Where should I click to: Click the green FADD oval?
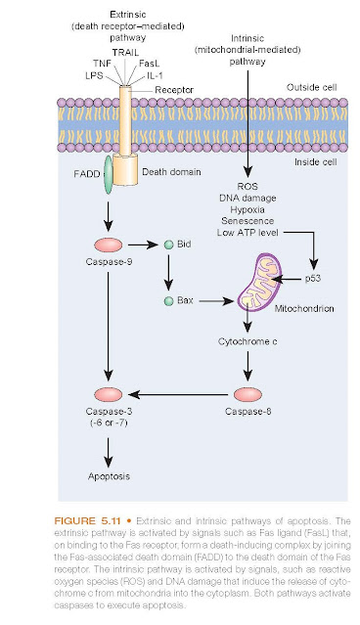(x=108, y=175)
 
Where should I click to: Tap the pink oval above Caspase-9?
(x=108, y=245)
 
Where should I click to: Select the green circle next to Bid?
(x=169, y=245)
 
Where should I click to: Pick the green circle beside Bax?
(x=169, y=301)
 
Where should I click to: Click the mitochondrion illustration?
(x=258, y=282)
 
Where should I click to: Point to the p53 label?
(x=313, y=278)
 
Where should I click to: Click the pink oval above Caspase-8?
(x=247, y=394)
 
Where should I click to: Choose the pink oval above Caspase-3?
(x=108, y=394)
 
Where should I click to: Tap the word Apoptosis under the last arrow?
(x=109, y=476)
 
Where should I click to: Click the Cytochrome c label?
(x=247, y=341)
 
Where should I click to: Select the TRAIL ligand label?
(x=125, y=52)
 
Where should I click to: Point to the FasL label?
(x=149, y=64)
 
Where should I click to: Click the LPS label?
(x=94, y=75)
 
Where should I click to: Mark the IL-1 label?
(x=155, y=75)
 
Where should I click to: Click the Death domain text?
(x=171, y=172)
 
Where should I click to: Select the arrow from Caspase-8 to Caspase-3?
(x=178, y=394)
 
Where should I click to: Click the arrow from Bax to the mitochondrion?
(x=216, y=301)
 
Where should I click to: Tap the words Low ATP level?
(x=247, y=233)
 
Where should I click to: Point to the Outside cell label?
(x=312, y=87)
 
